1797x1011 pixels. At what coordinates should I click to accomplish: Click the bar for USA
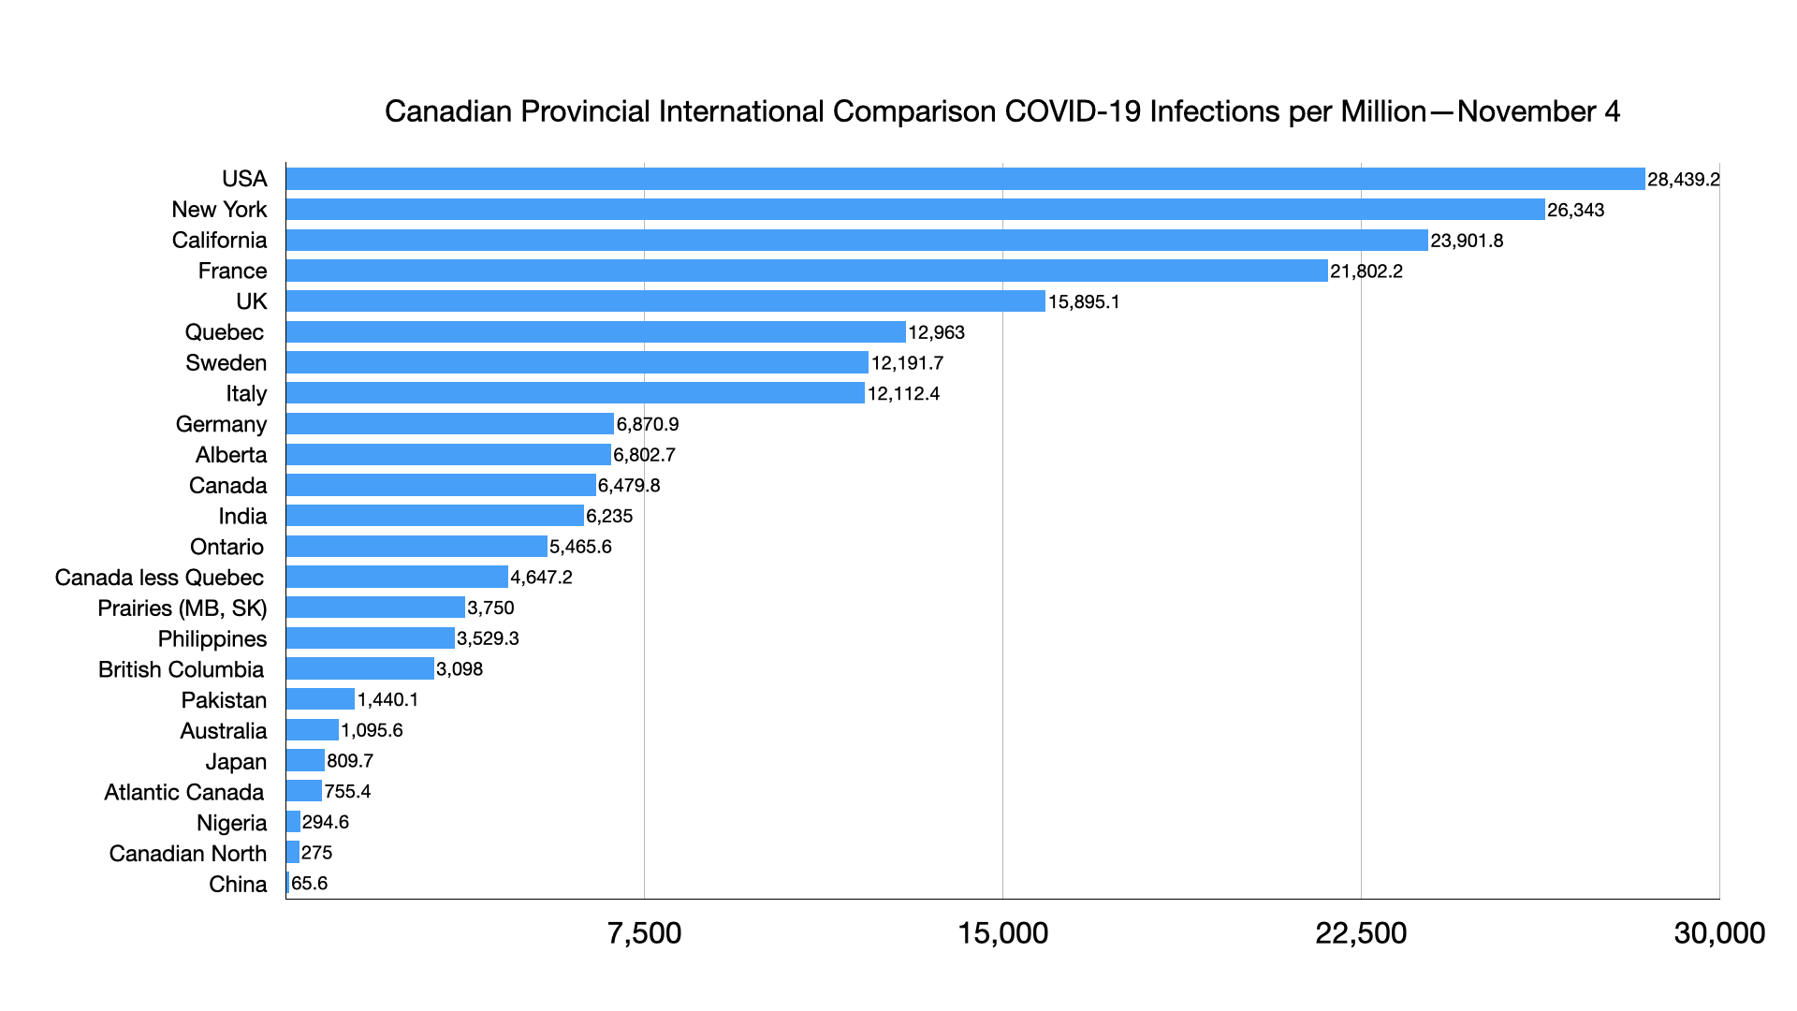click(x=964, y=179)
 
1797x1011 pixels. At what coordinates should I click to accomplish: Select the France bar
click(x=806, y=271)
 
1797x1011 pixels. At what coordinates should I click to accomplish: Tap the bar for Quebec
click(x=595, y=332)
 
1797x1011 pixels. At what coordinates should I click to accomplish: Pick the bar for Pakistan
click(x=320, y=699)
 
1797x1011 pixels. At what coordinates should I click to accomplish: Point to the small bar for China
click(x=287, y=884)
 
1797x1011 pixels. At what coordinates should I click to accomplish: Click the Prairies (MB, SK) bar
click(x=375, y=608)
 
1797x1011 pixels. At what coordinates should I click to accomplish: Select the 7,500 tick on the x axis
click(x=644, y=933)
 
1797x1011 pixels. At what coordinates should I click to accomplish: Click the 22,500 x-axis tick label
click(x=1361, y=933)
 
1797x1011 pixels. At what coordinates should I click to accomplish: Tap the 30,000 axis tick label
click(x=1719, y=933)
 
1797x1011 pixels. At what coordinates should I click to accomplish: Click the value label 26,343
click(x=1575, y=210)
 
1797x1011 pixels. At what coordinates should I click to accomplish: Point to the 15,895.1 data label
click(x=1084, y=301)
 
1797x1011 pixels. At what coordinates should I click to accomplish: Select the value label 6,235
click(x=609, y=516)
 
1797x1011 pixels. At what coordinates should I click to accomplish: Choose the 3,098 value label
click(x=460, y=669)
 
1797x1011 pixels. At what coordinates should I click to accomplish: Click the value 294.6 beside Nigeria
click(x=326, y=822)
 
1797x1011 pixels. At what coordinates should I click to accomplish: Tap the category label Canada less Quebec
click(x=159, y=578)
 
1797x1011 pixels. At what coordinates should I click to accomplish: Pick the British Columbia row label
click(x=181, y=669)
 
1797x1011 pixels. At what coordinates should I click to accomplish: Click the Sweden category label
click(x=226, y=363)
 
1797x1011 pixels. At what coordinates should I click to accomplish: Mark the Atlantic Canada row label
click(x=183, y=792)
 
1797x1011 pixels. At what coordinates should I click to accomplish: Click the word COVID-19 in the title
click(x=1073, y=111)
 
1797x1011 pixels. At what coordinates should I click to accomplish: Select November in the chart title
click(x=1526, y=111)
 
